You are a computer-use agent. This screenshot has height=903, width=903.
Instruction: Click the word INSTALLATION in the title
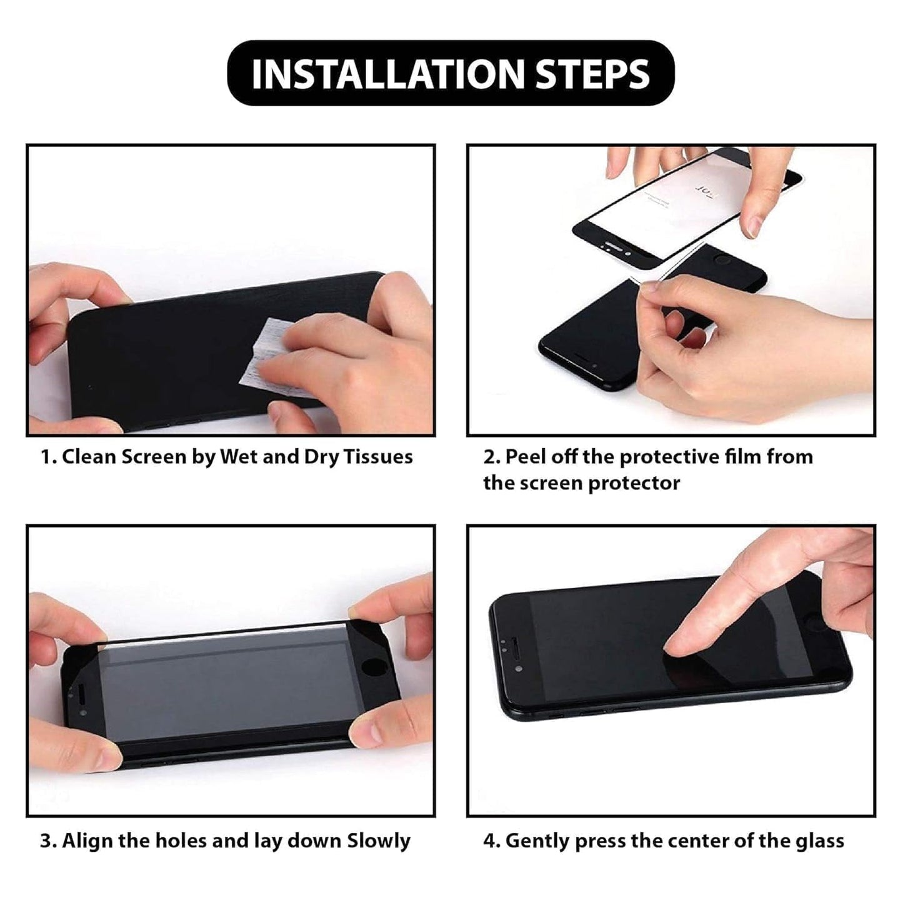(388, 74)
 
